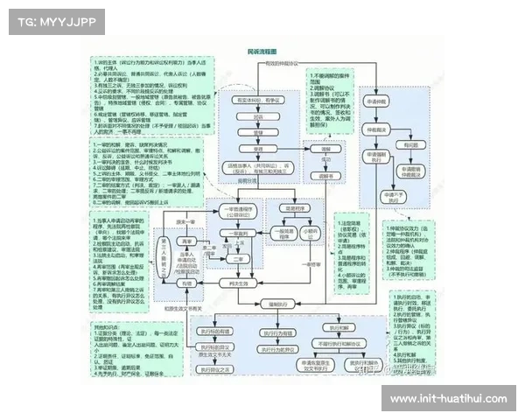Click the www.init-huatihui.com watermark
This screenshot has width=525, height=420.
pyautogui.click(x=447, y=399)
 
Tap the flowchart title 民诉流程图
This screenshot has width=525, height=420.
pyautogui.click(x=266, y=52)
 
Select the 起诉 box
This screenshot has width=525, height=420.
pyautogui.click(x=258, y=116)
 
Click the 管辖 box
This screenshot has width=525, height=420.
pyautogui.click(x=258, y=132)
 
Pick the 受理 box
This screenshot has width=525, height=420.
pyautogui.click(x=258, y=148)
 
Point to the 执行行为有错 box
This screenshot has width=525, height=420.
pyautogui.click(x=214, y=331)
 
